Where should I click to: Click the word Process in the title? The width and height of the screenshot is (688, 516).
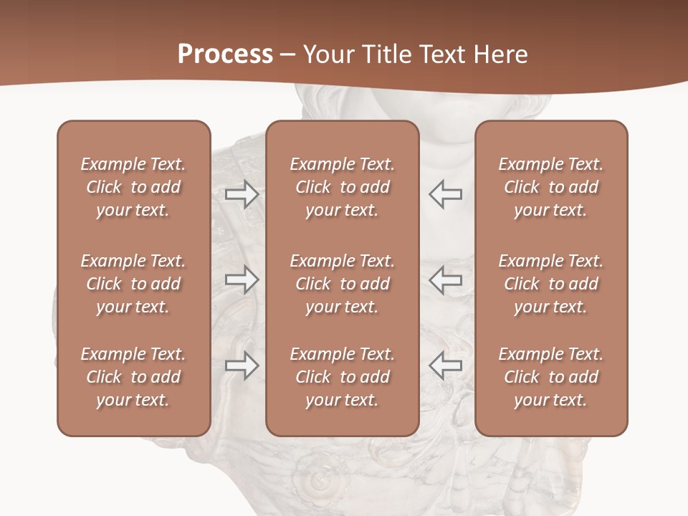(225, 54)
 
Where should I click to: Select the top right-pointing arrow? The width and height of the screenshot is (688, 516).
(242, 194)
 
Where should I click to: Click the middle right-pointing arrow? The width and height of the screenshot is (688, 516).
(242, 279)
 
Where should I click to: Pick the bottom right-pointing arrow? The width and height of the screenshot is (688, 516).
(242, 365)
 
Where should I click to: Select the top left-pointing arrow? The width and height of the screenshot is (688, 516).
(445, 194)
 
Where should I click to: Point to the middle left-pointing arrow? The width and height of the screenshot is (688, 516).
(445, 279)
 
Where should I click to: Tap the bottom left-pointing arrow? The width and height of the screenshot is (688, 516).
(445, 365)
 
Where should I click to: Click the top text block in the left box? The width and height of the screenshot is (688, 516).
(133, 187)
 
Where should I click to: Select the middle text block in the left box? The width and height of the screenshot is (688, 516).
(133, 284)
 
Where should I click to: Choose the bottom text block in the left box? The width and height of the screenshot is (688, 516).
(133, 377)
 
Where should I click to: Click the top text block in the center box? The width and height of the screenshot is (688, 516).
(342, 187)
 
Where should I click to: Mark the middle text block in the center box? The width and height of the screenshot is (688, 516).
(342, 284)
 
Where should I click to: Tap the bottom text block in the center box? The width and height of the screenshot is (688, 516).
(342, 377)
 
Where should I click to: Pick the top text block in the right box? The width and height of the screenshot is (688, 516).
(551, 187)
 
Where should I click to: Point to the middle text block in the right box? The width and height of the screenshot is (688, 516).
(551, 284)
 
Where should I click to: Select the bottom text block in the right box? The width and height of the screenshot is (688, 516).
(551, 377)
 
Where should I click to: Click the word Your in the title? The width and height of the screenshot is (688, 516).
(328, 54)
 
